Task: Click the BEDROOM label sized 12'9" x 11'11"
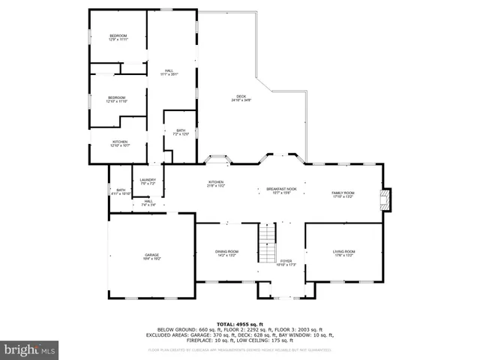pyautogui.click(x=118, y=37)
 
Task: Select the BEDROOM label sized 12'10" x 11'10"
pyautogui.click(x=116, y=99)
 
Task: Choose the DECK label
pyautogui.click(x=241, y=97)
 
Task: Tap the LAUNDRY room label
pyautogui.click(x=148, y=181)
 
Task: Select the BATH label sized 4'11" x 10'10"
pyautogui.click(x=121, y=191)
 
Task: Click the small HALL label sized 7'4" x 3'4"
pyautogui.click(x=148, y=202)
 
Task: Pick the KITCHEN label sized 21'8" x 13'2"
pyautogui.click(x=217, y=184)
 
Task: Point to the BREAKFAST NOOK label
pyautogui.click(x=282, y=190)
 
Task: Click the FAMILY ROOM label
pyautogui.click(x=343, y=194)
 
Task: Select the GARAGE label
pyautogui.click(x=152, y=256)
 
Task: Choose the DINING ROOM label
pyautogui.click(x=227, y=253)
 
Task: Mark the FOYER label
pyautogui.click(x=286, y=262)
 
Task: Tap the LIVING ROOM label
pyautogui.click(x=344, y=253)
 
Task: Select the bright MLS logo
pyautogui.click(x=30, y=349)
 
